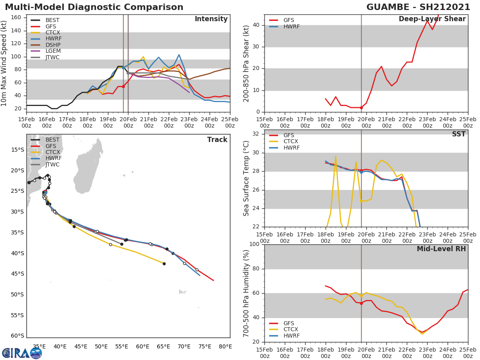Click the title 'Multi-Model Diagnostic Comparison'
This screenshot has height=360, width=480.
click(94, 7)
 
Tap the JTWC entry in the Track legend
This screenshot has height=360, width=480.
click(52, 165)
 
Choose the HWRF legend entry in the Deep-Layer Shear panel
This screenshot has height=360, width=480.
click(291, 27)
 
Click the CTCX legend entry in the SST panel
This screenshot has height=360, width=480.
click(291, 142)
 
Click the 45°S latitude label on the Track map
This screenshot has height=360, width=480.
click(17, 274)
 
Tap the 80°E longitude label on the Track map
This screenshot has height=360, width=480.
click(225, 347)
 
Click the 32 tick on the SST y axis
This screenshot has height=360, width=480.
click(256, 134)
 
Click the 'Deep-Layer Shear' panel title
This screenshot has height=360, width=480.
click(432, 19)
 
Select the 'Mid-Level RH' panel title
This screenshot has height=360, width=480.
click(441, 249)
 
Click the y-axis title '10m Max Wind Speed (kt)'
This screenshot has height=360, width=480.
click(4, 63)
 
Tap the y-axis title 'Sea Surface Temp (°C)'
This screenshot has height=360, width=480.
click(246, 178)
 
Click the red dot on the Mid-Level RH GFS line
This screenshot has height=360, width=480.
click(361, 303)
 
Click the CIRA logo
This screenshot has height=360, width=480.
click(22, 353)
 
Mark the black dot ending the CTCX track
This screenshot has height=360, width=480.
click(164, 264)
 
